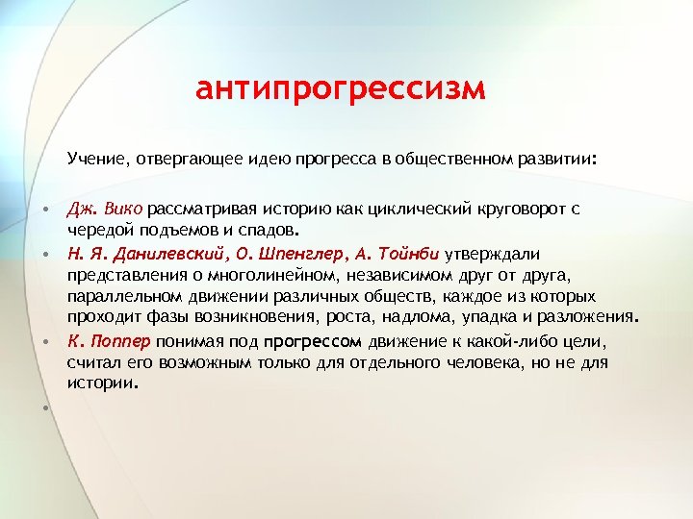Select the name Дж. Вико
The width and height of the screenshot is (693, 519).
coord(104,209)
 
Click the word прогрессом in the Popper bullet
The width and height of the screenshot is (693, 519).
coord(313,341)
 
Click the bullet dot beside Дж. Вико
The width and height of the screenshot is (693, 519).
coord(45,209)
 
